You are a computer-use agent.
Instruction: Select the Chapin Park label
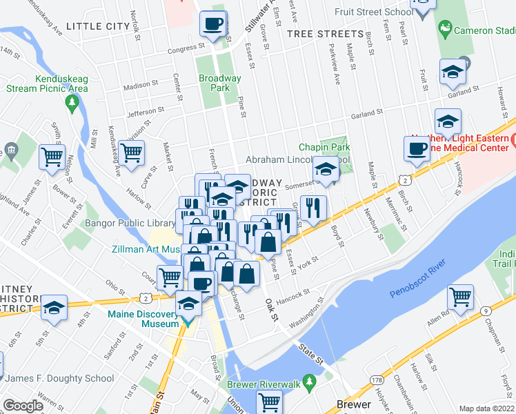click(x=324, y=147)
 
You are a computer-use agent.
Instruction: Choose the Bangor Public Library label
click(x=130, y=224)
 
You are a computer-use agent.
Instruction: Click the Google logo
click(x=23, y=406)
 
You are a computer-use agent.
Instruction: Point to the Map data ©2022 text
click(x=487, y=408)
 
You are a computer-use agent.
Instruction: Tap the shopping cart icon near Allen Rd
click(x=460, y=297)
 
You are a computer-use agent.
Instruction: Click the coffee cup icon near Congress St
click(x=212, y=24)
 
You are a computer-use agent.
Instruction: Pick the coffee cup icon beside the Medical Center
click(x=417, y=148)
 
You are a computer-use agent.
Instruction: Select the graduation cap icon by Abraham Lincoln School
click(x=325, y=168)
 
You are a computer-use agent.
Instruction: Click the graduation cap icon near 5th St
click(x=54, y=308)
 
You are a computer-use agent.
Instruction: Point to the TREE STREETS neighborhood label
click(x=325, y=34)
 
